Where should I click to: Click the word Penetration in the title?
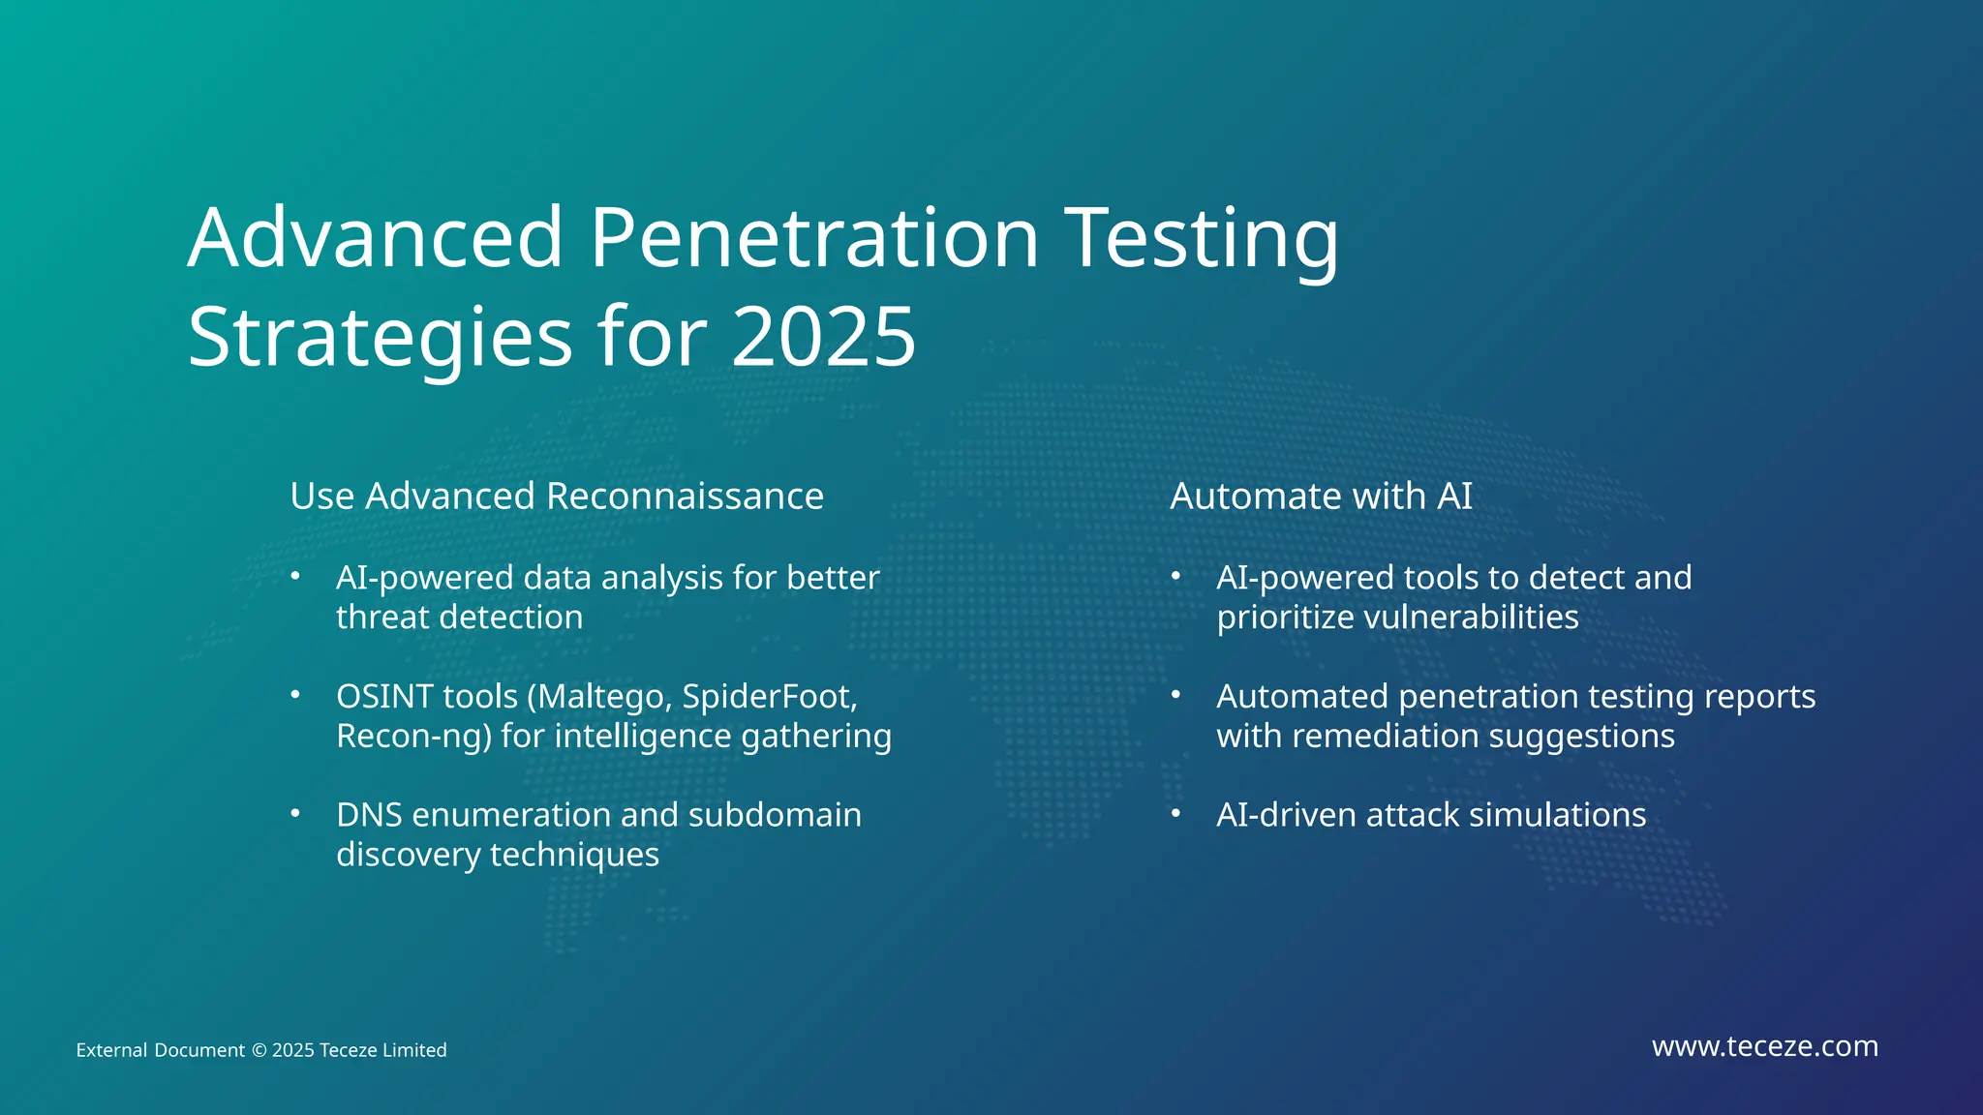(814, 238)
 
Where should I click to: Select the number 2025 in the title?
(823, 337)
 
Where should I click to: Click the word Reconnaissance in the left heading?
(685, 497)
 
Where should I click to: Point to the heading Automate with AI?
(1321, 497)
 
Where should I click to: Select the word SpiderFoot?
(769, 697)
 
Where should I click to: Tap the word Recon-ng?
(413, 737)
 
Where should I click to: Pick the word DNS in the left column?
(369, 815)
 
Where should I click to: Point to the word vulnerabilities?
(1471, 618)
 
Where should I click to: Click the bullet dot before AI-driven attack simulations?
(1175, 813)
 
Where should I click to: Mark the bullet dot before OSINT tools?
(295, 695)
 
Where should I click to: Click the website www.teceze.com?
(1764, 1046)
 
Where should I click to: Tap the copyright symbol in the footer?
(259, 1051)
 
